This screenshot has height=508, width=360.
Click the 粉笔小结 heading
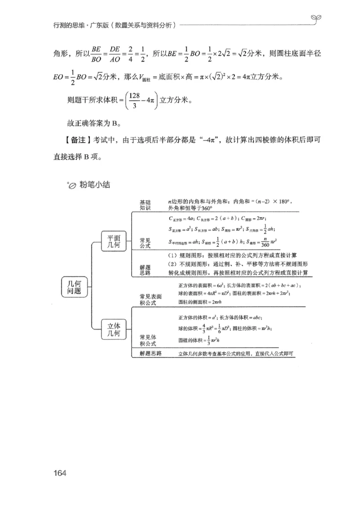(94, 184)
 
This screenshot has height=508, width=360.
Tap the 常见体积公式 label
(148, 340)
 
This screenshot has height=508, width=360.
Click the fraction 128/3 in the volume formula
(135, 100)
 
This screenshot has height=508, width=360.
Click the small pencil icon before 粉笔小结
(71, 185)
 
